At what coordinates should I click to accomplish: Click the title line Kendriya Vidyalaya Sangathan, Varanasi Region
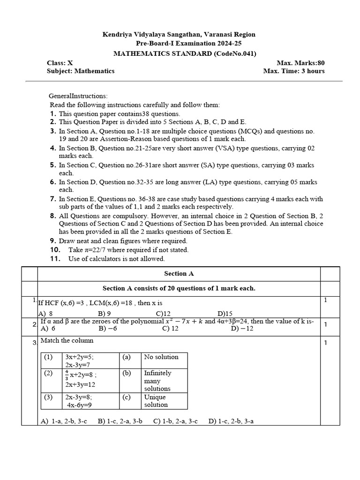(x=179, y=34)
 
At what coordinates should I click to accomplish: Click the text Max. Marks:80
(x=300, y=62)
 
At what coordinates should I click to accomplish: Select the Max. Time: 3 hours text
(x=294, y=71)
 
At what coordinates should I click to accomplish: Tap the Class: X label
(x=60, y=62)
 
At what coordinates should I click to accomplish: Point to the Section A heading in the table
(x=179, y=273)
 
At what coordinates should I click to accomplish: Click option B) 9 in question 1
(x=104, y=314)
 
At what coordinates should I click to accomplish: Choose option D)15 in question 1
(x=225, y=314)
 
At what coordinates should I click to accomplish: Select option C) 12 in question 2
(x=170, y=329)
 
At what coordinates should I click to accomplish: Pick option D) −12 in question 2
(x=242, y=329)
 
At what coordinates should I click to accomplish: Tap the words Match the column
(x=67, y=341)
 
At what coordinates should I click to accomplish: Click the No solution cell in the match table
(x=161, y=357)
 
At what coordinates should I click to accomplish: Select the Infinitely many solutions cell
(x=158, y=381)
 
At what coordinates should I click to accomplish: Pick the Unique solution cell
(x=156, y=401)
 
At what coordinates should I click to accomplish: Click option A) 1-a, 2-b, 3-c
(x=64, y=421)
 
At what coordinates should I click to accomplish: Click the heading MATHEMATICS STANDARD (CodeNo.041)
(x=185, y=53)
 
